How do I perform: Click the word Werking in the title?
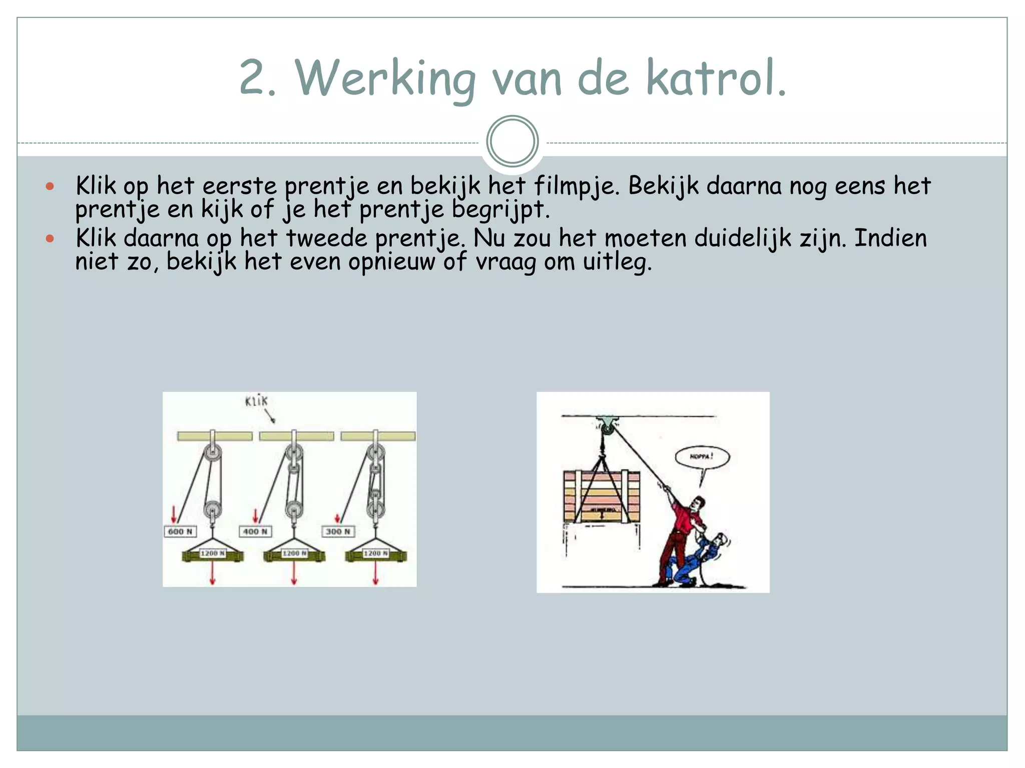tap(384, 78)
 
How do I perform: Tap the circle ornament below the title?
tap(512, 141)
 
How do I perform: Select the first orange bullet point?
tap(50, 186)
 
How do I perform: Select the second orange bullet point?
tap(50, 238)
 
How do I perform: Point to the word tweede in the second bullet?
tap(326, 238)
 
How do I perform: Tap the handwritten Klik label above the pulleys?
tap(256, 400)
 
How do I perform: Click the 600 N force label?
tap(180, 531)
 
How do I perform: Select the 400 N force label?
tap(255, 531)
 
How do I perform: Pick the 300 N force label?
tap(338, 531)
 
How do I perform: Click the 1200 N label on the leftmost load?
tap(213, 553)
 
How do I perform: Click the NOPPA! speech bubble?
tap(702, 457)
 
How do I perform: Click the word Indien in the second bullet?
tap(890, 238)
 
